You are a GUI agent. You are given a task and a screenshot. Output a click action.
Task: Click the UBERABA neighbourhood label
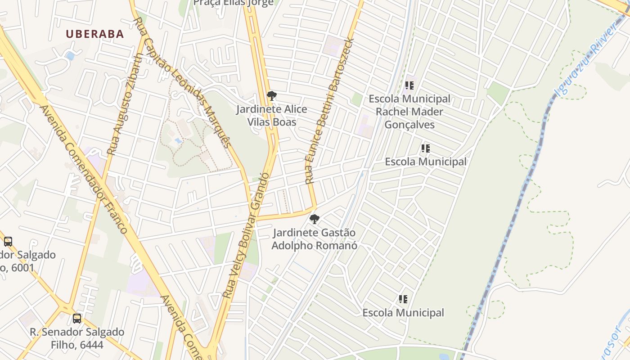click(x=94, y=34)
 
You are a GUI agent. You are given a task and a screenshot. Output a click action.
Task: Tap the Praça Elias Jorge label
click(x=233, y=3)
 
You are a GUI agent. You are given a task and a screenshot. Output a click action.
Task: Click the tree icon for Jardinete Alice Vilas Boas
click(x=271, y=96)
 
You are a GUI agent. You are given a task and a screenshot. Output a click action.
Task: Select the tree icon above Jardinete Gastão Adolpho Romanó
click(x=315, y=219)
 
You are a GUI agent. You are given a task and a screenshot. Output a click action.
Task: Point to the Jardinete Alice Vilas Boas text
click(x=272, y=116)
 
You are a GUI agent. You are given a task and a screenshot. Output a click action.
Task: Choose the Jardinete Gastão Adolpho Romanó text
click(x=315, y=239)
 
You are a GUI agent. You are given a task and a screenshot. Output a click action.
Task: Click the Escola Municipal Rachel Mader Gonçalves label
click(x=409, y=112)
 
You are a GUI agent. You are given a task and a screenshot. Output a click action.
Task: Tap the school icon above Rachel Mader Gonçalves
click(x=409, y=85)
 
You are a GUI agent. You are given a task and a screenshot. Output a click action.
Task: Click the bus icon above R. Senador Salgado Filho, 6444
click(x=77, y=319)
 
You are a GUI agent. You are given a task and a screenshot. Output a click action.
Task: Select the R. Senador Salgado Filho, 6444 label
click(x=77, y=338)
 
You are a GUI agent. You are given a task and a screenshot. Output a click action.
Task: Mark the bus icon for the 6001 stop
click(x=8, y=241)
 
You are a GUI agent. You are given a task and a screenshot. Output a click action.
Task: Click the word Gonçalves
click(x=409, y=125)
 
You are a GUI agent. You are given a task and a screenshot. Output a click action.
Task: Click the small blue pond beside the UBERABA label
click(x=70, y=56)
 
